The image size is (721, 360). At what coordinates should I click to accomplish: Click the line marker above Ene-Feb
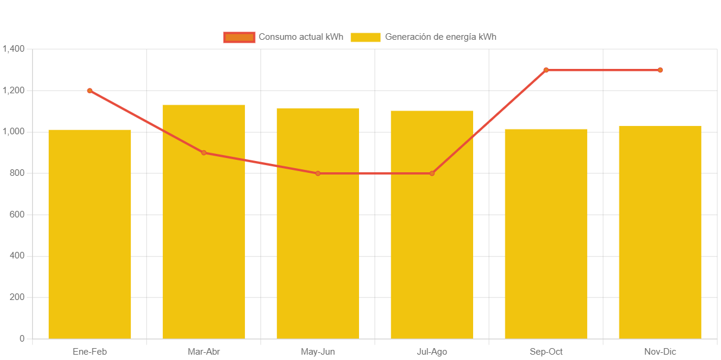click(x=90, y=91)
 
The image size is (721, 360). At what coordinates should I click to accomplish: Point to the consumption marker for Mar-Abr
click(x=204, y=153)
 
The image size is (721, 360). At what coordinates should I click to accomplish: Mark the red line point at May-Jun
click(x=318, y=173)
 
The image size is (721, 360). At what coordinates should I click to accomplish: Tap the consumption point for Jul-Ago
click(x=432, y=173)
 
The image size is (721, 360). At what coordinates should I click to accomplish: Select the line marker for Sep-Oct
click(x=546, y=70)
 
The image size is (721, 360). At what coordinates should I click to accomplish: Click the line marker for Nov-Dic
click(x=660, y=70)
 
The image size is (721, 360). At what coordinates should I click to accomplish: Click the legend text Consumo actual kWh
click(x=301, y=37)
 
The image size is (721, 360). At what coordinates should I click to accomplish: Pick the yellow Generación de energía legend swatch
click(x=365, y=37)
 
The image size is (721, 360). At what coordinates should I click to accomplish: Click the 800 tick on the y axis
click(x=17, y=173)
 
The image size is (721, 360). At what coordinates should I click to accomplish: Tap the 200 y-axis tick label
click(x=17, y=297)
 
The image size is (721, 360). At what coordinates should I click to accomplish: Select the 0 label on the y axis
click(x=22, y=339)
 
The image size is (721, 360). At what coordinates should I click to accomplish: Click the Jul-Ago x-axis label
click(x=432, y=352)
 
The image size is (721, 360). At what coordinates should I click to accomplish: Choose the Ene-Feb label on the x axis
click(x=90, y=352)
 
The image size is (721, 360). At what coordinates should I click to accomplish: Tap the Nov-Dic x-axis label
click(x=660, y=352)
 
